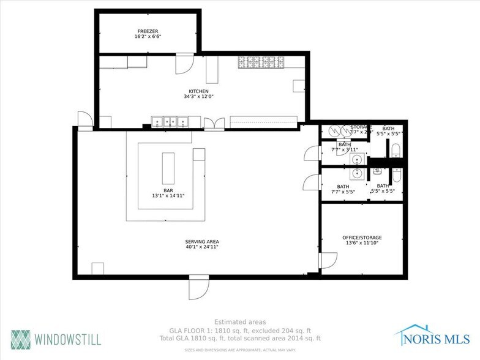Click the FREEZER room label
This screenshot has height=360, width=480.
(148, 30)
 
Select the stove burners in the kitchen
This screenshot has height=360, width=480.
(261, 62)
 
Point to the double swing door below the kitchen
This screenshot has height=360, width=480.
(214, 124)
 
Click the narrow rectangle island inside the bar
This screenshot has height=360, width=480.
(168, 168)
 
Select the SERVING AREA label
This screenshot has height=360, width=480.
(201, 241)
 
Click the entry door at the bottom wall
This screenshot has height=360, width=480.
(199, 287)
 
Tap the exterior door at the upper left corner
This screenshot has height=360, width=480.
(84, 120)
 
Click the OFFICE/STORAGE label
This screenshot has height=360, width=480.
(362, 237)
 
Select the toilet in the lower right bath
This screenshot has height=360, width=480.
(397, 175)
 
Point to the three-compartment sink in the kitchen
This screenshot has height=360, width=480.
(169, 122)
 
